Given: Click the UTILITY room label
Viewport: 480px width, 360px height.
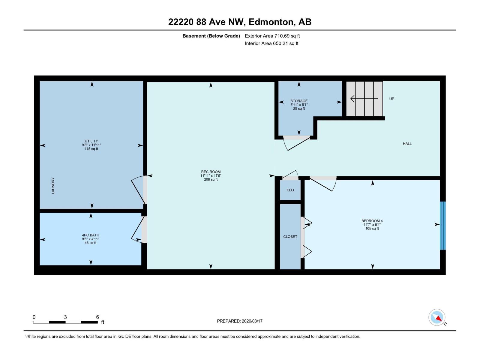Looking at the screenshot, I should pyautogui.click(x=91, y=141).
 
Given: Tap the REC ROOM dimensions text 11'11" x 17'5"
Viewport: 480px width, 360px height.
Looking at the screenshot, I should pyautogui.click(x=211, y=176).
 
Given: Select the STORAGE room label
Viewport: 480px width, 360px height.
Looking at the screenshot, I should pyautogui.click(x=299, y=101).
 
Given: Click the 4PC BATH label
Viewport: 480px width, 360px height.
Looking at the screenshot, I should pyautogui.click(x=90, y=235).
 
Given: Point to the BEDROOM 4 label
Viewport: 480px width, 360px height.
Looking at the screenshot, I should pyautogui.click(x=372, y=221).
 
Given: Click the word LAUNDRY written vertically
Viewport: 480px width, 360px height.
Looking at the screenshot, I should pyautogui.click(x=53, y=186).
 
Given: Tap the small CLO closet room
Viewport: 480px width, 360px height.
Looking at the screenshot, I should pyautogui.click(x=290, y=190).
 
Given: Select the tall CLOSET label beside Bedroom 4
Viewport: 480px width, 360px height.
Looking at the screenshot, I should pyautogui.click(x=290, y=237).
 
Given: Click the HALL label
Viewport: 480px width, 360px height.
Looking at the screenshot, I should pyautogui.click(x=407, y=144).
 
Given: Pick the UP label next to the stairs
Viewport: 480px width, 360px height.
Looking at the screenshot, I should pyautogui.click(x=391, y=99).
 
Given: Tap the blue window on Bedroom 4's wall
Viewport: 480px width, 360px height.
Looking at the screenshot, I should pyautogui.click(x=442, y=226).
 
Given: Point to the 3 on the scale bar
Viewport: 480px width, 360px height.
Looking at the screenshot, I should pyautogui.click(x=65, y=317).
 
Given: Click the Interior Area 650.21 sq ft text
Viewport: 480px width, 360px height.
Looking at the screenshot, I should pyautogui.click(x=271, y=43).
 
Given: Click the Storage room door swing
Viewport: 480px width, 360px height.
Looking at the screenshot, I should pyautogui.click(x=297, y=143).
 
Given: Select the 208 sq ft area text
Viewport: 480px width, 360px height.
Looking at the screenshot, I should pyautogui.click(x=211, y=180).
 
